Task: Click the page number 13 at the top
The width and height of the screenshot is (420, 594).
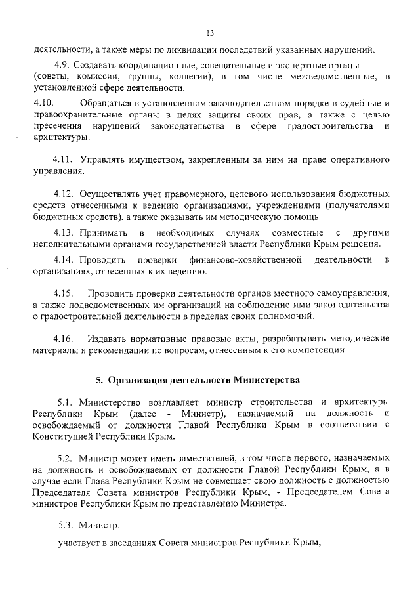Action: pos(210,33)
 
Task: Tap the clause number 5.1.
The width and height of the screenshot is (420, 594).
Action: pos(67,401)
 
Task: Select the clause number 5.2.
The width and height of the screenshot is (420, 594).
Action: pos(67,458)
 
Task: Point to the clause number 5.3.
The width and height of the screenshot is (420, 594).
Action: pos(67,524)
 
